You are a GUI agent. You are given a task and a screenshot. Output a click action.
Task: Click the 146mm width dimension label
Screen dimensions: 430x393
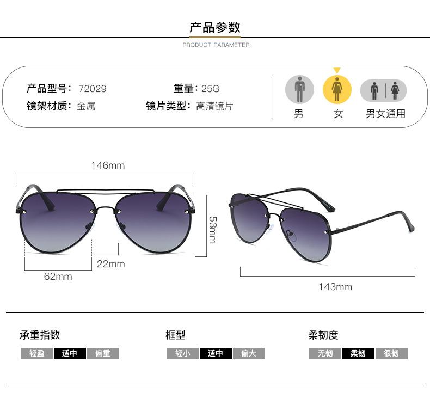point(107,165)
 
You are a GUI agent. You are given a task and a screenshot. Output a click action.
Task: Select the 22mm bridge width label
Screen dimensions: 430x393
point(110,264)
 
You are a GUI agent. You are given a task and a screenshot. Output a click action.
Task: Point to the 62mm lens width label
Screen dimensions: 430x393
point(58,277)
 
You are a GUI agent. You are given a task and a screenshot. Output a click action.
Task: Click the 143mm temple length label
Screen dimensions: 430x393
point(335,287)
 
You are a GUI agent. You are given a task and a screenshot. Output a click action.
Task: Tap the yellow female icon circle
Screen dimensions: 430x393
point(337,89)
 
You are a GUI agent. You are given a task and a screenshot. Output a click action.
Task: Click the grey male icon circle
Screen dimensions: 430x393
point(299,89)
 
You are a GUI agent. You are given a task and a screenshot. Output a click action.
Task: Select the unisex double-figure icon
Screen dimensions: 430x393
point(384,90)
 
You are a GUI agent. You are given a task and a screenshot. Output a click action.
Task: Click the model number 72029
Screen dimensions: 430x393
point(93,89)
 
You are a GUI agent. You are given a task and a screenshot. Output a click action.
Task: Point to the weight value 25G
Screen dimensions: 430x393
point(210,89)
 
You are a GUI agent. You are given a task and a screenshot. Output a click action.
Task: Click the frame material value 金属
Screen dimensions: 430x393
point(86,106)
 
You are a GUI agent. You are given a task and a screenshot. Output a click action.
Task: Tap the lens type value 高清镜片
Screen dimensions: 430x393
point(214,106)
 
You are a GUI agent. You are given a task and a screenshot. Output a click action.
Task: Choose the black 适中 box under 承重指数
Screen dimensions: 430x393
point(70,354)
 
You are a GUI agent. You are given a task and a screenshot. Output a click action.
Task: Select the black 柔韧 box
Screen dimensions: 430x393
point(358,354)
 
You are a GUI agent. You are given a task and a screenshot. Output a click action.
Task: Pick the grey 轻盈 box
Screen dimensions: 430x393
point(37,354)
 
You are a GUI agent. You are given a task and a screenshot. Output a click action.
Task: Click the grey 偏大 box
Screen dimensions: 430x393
point(249,354)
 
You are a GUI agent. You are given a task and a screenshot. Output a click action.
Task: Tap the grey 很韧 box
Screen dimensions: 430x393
point(391,354)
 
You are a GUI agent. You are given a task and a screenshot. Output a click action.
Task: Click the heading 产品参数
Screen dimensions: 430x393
point(215,27)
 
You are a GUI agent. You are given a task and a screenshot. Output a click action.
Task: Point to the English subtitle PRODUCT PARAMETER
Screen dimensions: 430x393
point(216,45)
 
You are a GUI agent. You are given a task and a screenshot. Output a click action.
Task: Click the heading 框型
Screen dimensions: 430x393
point(175,335)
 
